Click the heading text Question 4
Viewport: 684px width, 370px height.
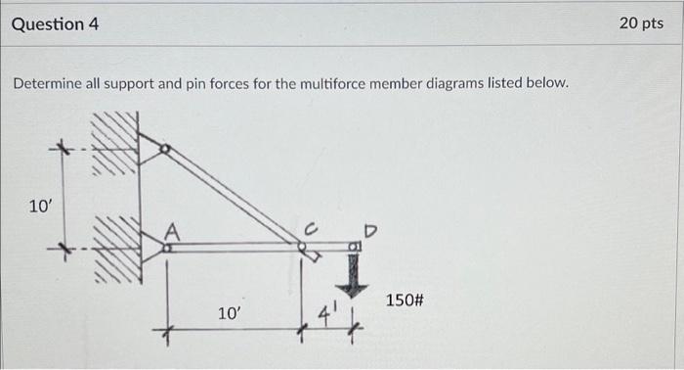[55, 23]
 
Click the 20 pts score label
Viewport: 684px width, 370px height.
[641, 23]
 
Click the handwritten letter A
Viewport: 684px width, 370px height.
[172, 232]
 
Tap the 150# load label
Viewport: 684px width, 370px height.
[405, 299]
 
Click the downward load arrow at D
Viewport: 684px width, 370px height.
[354, 275]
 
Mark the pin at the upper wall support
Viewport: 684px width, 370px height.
[164, 150]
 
